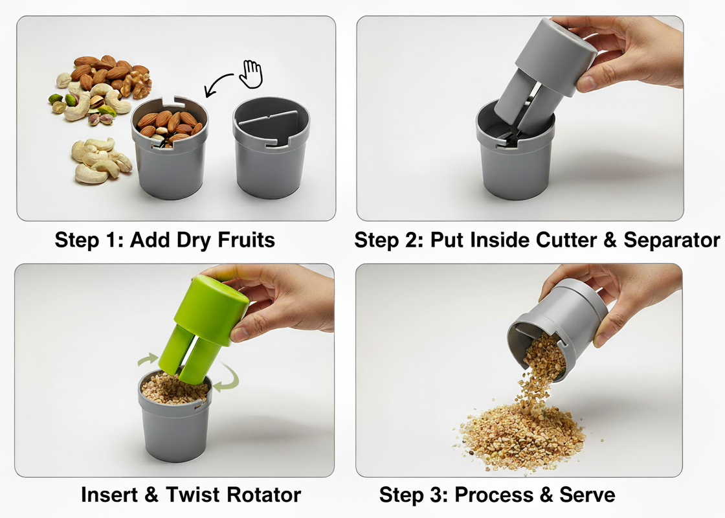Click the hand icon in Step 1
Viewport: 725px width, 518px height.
tap(251, 74)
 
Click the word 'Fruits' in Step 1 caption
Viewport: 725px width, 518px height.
tap(246, 240)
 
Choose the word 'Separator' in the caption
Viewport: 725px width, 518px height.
tap(671, 240)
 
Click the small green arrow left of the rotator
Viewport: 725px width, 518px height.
tap(148, 359)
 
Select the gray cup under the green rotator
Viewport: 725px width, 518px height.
tap(174, 421)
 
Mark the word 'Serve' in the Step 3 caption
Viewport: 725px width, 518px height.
tap(587, 495)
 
